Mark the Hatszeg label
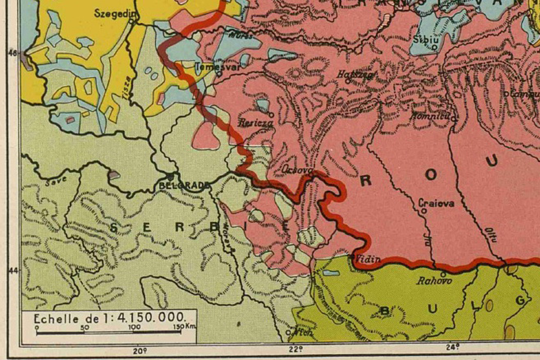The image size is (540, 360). click(359, 75)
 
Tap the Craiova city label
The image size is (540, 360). click(436, 202)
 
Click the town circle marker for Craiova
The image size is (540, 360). click(424, 211)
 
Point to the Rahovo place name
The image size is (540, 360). click(432, 281)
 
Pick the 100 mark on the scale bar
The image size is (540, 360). click(134, 328)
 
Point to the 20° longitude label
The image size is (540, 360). click(140, 350)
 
